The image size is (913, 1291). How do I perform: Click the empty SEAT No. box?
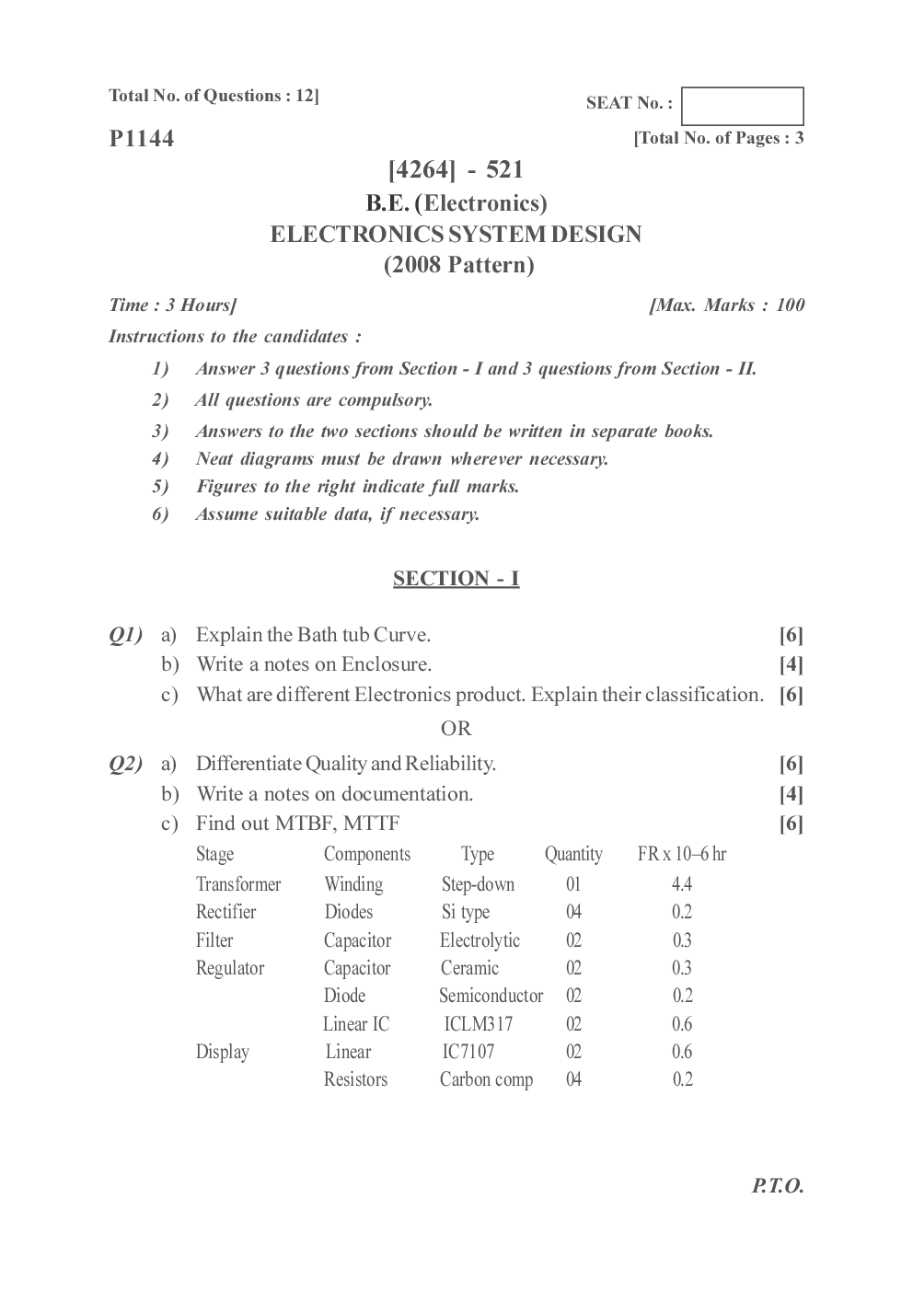click(742, 106)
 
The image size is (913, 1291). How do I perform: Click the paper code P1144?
click(141, 139)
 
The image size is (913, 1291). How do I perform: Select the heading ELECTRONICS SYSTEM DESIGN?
click(456, 234)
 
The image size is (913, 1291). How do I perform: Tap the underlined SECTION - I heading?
click(456, 578)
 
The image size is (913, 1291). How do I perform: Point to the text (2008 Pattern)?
click(458, 265)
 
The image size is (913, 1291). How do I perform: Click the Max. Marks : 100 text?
click(726, 305)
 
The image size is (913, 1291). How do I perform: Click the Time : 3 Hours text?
click(172, 305)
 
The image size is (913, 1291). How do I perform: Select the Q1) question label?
click(125, 634)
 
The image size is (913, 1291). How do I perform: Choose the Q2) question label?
click(125, 763)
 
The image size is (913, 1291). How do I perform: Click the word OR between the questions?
click(456, 729)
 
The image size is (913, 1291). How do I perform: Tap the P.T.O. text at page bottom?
click(777, 1185)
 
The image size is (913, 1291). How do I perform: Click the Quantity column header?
click(573, 854)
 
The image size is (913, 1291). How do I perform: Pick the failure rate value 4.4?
click(681, 884)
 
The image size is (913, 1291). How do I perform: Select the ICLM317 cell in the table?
click(478, 1024)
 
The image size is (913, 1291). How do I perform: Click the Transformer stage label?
click(238, 884)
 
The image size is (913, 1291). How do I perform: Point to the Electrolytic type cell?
click(480, 940)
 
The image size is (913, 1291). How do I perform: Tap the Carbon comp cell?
click(486, 1079)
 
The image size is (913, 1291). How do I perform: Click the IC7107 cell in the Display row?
click(468, 1052)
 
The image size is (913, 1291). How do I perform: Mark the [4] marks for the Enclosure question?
click(791, 664)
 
